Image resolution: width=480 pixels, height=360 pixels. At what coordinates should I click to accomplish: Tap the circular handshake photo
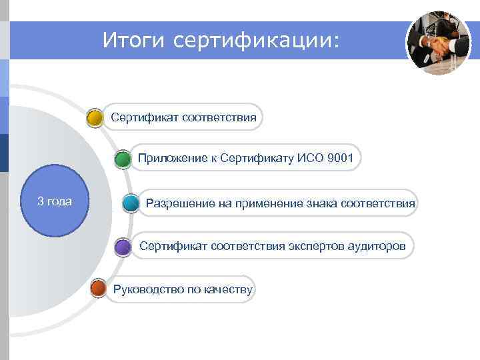[x=438, y=43]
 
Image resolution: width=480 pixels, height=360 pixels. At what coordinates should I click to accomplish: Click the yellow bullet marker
[x=95, y=119]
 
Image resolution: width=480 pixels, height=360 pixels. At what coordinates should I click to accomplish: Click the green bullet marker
[x=122, y=160]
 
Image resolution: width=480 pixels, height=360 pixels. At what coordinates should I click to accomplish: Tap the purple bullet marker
[x=123, y=247]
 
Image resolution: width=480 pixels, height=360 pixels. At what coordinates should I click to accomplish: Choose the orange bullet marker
[x=98, y=289]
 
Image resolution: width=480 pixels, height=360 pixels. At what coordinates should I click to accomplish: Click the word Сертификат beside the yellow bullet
[x=141, y=118]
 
